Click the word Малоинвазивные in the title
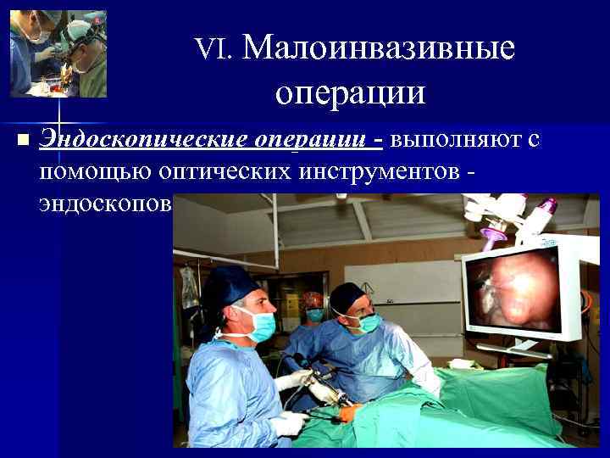[378, 47]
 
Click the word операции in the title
[349, 91]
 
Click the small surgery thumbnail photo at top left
[58, 53]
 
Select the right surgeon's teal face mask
[367, 323]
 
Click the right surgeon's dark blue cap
[347, 297]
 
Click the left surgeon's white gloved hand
[290, 422]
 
